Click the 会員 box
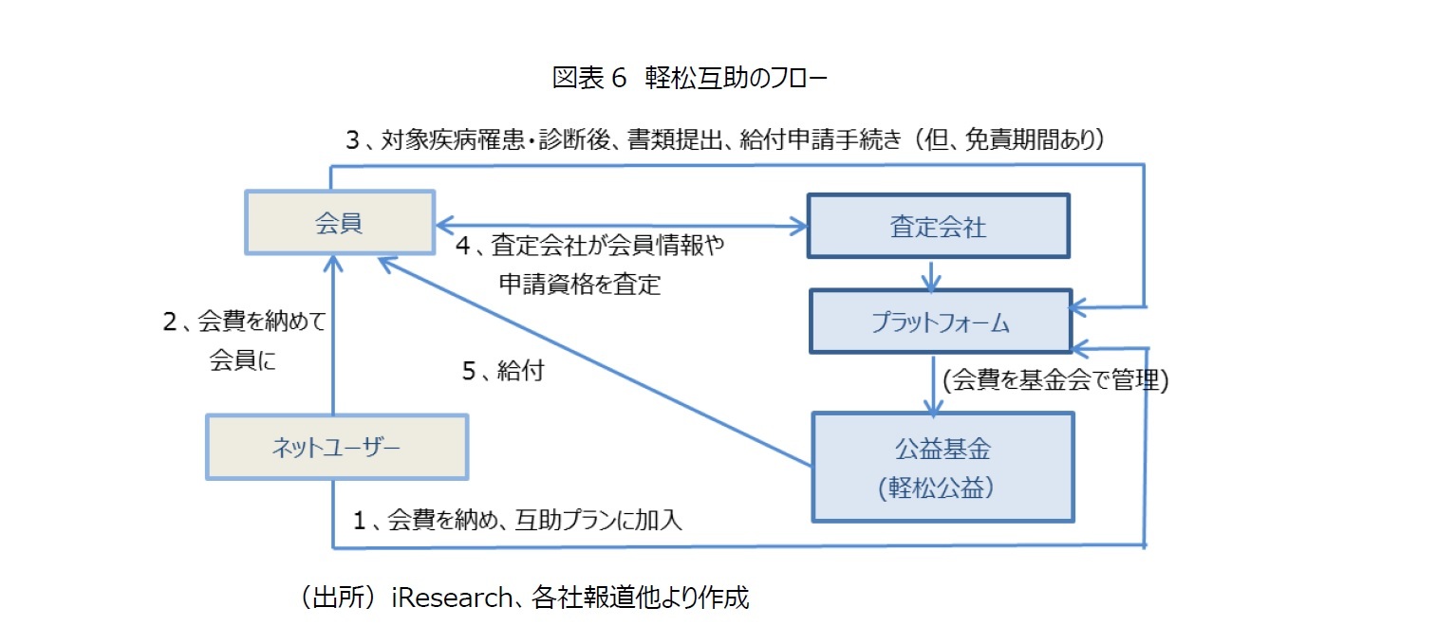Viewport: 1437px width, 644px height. tap(340, 223)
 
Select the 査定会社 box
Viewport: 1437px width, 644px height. tap(938, 226)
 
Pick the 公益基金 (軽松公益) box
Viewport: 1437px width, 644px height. tap(942, 466)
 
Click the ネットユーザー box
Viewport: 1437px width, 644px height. tap(336, 446)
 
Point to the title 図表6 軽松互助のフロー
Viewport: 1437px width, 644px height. tap(690, 78)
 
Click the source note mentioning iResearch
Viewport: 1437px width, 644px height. tap(524, 598)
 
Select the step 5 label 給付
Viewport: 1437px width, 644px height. tap(503, 371)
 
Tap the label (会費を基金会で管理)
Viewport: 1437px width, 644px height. tap(1054, 380)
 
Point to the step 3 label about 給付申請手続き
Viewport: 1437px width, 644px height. tap(726, 140)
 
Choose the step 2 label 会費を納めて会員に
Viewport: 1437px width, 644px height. tap(244, 341)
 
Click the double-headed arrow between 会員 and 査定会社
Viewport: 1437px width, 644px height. tap(621, 226)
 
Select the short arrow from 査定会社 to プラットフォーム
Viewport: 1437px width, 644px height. tap(935, 273)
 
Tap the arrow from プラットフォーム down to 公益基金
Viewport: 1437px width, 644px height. tap(936, 384)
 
